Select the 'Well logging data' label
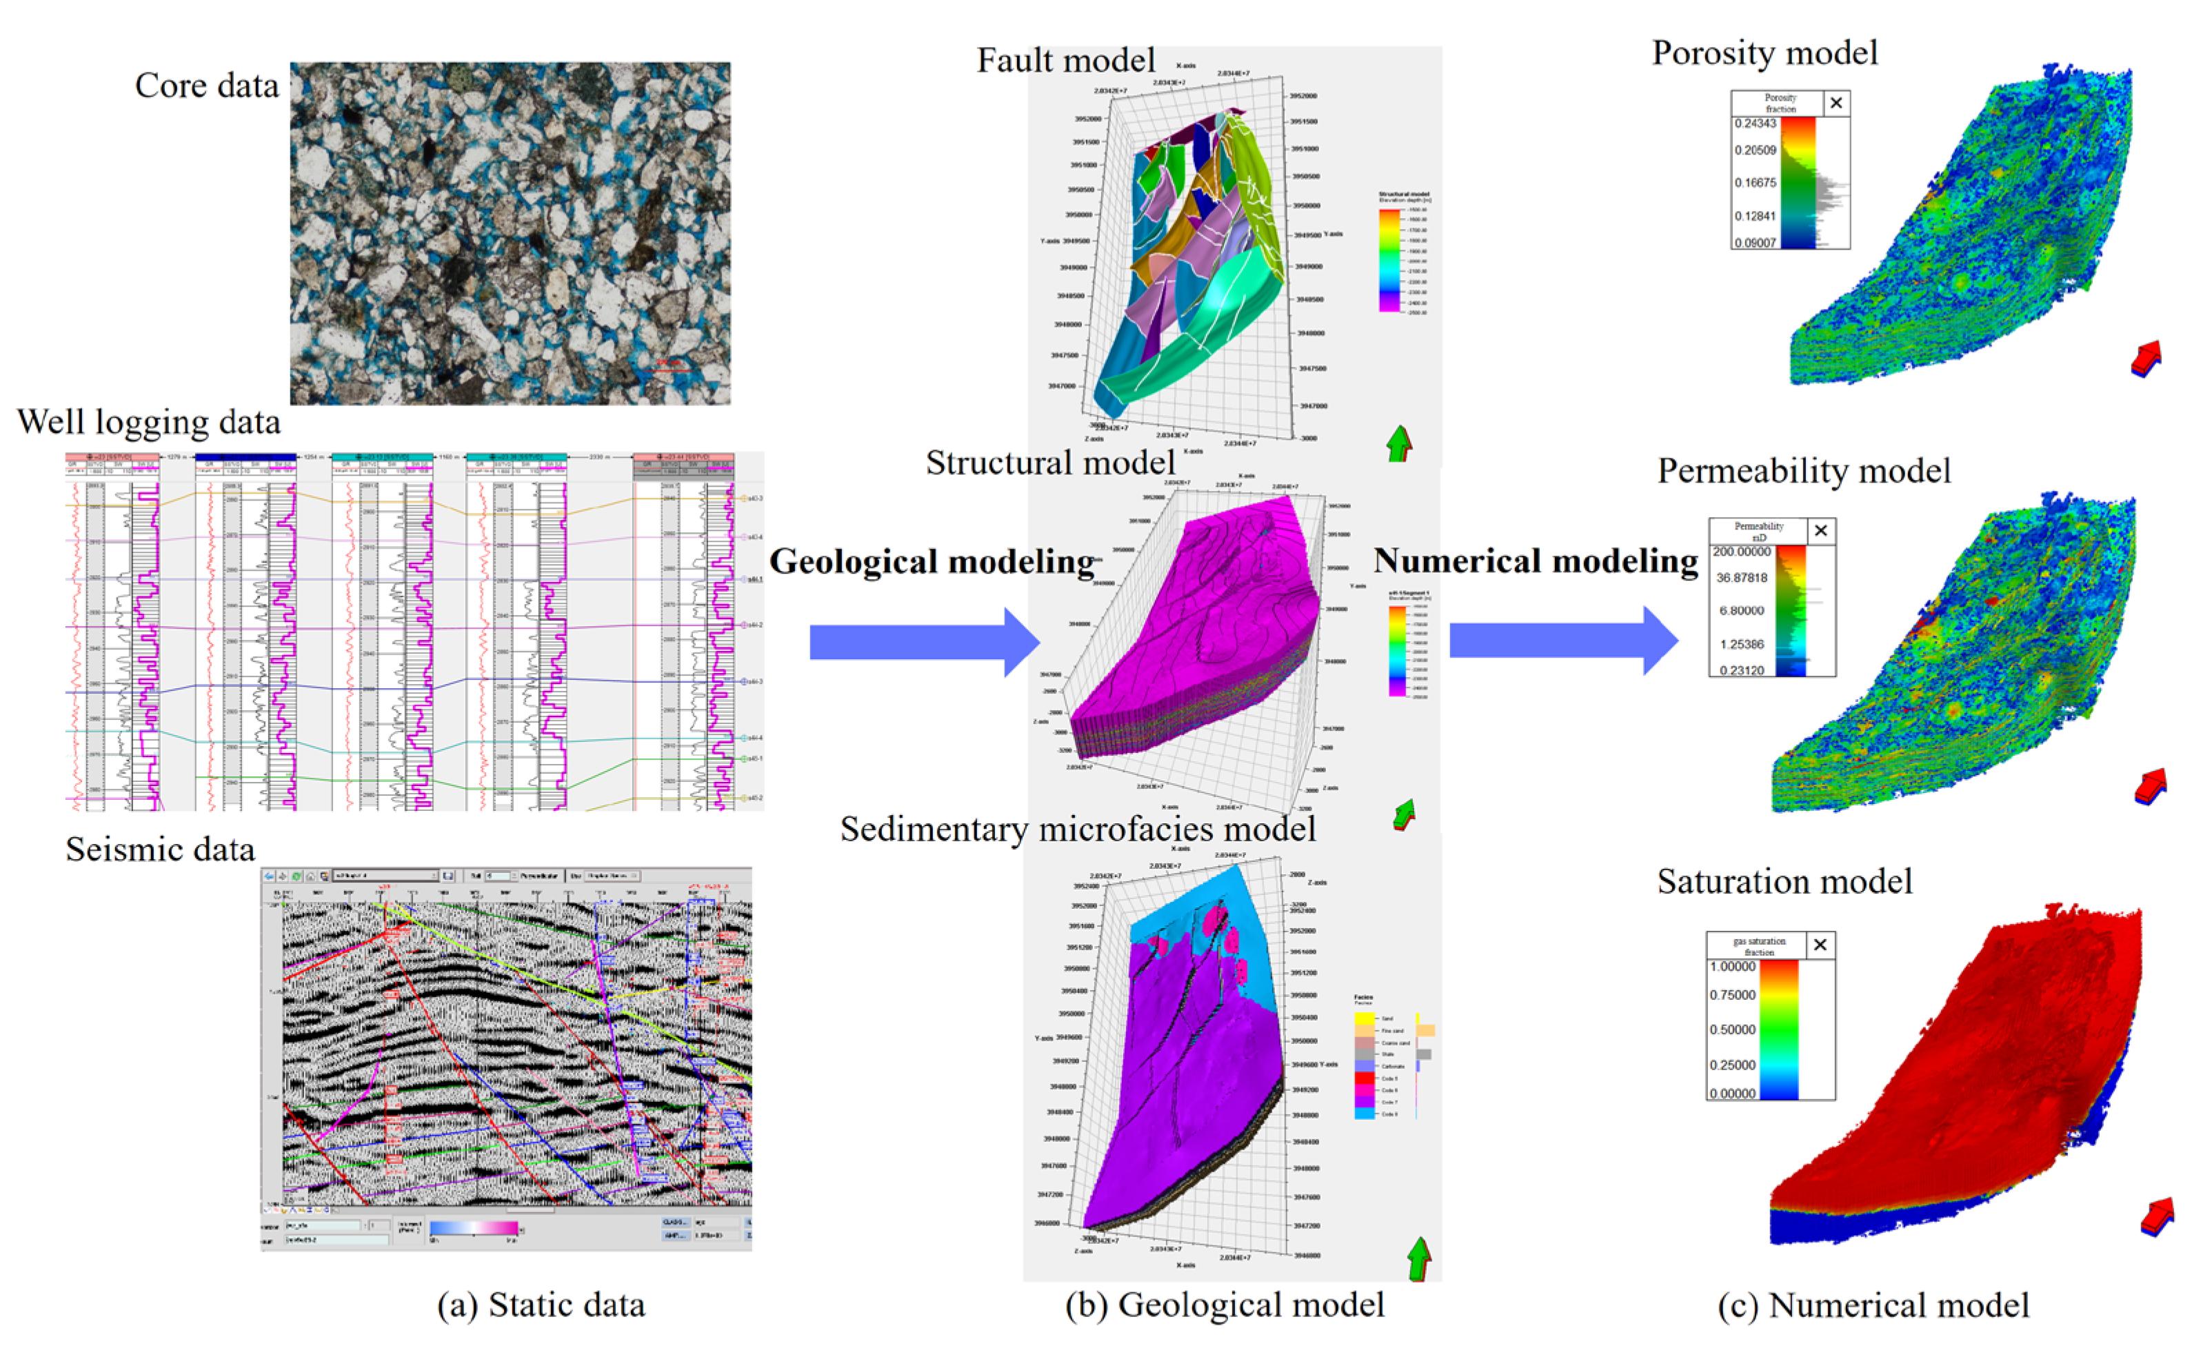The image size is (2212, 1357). (x=148, y=422)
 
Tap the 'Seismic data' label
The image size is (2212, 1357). (x=160, y=849)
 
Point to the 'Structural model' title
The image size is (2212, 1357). (x=1050, y=463)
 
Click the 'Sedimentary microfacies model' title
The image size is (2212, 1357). (x=1077, y=830)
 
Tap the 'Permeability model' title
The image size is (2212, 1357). (x=1804, y=471)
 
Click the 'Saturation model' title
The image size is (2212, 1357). (x=1784, y=881)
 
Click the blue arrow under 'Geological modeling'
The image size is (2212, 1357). (x=924, y=643)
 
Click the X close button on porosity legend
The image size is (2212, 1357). (x=1836, y=103)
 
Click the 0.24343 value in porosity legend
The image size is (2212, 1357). (x=1755, y=124)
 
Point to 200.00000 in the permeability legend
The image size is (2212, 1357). (x=1742, y=552)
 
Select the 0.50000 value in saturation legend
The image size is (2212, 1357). (x=1733, y=1029)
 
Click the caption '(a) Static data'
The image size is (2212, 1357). (x=541, y=1305)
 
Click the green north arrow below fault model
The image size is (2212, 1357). (x=1398, y=443)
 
